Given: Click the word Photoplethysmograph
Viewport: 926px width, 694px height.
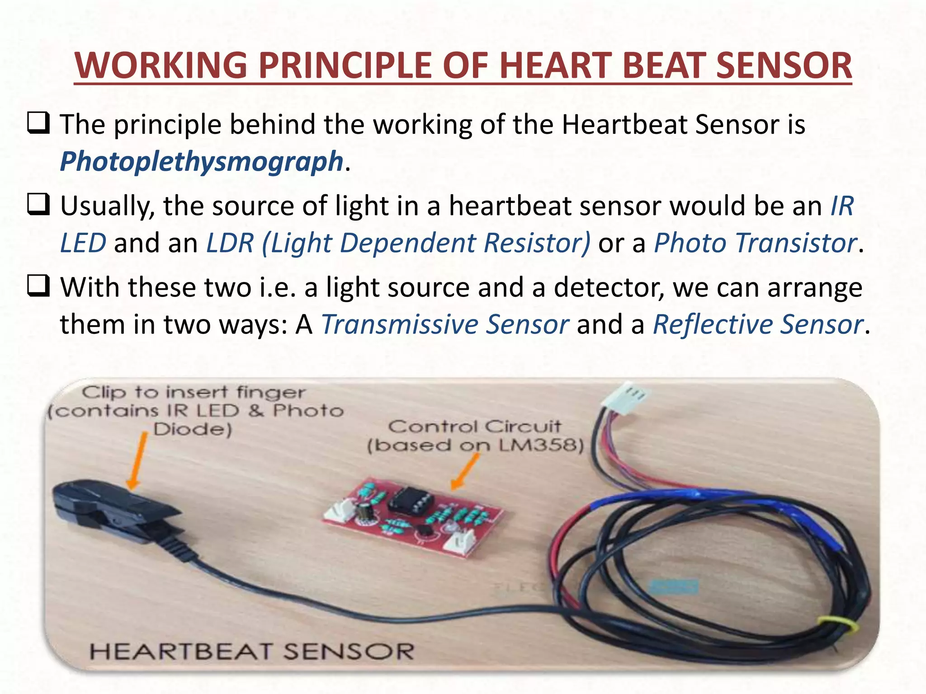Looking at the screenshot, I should pos(202,162).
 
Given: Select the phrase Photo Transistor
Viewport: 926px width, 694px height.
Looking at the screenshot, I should pos(755,243).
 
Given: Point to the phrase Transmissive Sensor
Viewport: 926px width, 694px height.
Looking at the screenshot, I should pos(444,324).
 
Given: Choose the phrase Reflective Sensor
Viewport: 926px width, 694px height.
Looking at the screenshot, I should pos(758,324).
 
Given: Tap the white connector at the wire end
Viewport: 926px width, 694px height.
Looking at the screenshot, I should pos(626,398).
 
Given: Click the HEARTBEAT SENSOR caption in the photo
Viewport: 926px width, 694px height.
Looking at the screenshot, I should pos(251,652).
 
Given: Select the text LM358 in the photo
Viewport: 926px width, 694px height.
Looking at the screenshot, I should pos(538,446).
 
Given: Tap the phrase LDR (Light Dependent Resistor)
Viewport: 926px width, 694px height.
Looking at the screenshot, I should pos(398,243).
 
